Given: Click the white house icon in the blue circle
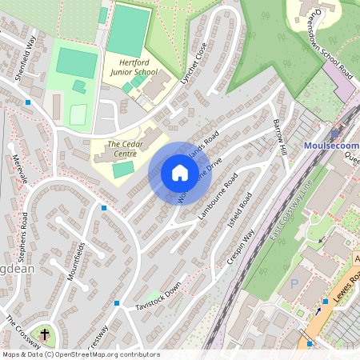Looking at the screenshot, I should [180, 173].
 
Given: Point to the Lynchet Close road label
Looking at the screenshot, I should [195, 63].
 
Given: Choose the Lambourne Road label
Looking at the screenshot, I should [221, 190].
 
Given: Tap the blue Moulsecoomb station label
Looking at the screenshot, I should [332, 146].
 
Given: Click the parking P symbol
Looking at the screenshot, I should [294, 284].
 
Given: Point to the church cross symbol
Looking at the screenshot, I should [45, 333].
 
